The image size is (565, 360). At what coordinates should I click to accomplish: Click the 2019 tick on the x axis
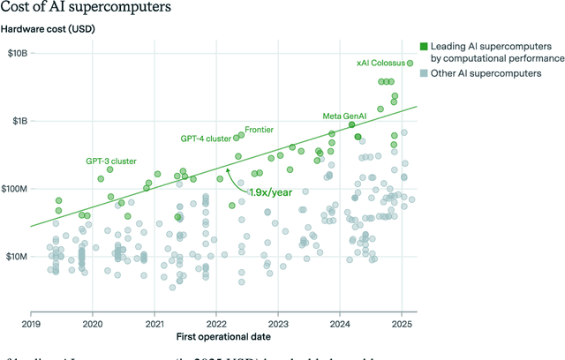tap(31, 322)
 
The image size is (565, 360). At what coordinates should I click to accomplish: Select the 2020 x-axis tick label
tap(93, 322)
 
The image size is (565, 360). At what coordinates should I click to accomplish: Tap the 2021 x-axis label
tap(154, 322)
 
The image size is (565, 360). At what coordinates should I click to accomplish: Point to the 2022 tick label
tap(216, 322)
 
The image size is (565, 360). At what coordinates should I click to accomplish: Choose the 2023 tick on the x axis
tap(278, 322)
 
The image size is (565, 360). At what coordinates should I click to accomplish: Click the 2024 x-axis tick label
tap(340, 322)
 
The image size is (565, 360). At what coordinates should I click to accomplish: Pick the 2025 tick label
tap(402, 322)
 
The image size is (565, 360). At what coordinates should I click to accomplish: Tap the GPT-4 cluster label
tap(205, 139)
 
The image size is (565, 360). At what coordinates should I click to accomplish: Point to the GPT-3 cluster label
tap(110, 161)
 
